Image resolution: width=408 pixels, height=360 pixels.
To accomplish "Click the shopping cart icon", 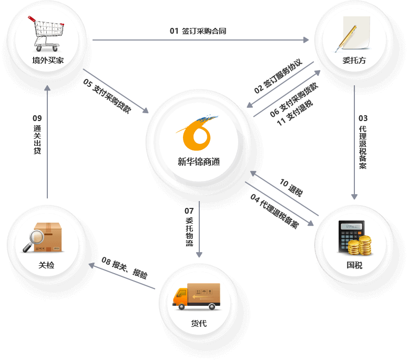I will (x=48, y=33).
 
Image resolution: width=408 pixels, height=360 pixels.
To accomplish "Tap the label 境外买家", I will (x=48, y=60).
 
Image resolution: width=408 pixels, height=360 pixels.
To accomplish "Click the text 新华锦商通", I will (x=198, y=162).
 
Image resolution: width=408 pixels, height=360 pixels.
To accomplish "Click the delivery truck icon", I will (x=196, y=296).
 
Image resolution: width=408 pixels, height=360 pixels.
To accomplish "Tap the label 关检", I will (x=46, y=265).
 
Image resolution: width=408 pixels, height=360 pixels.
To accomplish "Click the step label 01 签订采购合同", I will (x=198, y=31).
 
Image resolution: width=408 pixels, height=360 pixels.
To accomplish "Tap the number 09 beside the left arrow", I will (x=37, y=118).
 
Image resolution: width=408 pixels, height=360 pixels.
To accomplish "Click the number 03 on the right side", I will (x=363, y=118).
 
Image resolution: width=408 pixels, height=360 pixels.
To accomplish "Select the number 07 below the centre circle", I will (x=189, y=211).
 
